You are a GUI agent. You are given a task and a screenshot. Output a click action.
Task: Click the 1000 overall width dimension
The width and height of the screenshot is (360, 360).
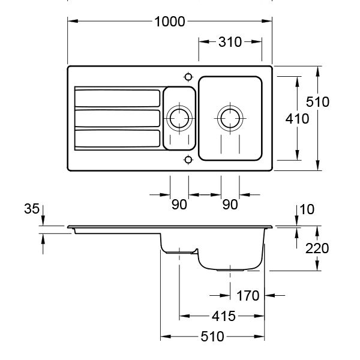(170, 22)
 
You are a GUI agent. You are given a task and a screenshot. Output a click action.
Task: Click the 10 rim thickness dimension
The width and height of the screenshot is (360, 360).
(307, 209)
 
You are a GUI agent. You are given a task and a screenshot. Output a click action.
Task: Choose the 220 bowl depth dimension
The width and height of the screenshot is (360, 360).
(316, 248)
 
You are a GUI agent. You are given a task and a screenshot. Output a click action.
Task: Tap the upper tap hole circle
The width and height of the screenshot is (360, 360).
(188, 77)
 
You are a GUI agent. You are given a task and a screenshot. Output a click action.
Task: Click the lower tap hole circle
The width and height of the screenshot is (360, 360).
(188, 159)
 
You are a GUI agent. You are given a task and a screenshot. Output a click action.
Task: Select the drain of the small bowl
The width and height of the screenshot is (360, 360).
(179, 117)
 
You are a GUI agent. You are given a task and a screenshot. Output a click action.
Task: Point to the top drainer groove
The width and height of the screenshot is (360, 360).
(116, 98)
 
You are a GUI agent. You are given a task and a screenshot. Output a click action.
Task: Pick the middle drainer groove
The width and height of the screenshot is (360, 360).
(116, 118)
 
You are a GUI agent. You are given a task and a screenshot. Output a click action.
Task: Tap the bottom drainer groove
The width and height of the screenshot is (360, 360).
(116, 139)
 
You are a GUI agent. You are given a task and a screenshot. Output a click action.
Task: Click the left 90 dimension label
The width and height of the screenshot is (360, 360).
(179, 205)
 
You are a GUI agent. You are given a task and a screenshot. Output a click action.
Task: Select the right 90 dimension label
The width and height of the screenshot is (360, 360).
(230, 205)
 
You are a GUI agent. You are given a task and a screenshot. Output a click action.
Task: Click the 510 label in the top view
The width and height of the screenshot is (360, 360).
(317, 102)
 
